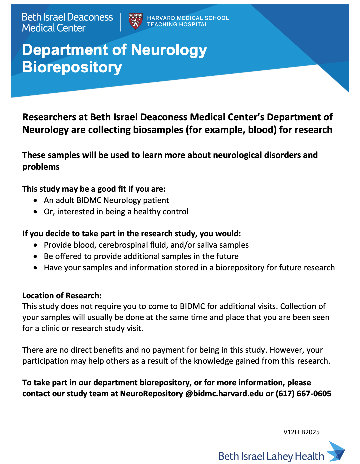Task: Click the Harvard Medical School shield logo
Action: click(x=135, y=21)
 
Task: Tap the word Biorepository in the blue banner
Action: click(x=72, y=67)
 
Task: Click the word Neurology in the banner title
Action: click(x=169, y=50)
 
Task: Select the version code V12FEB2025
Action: click(x=301, y=432)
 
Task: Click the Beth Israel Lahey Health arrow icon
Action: click(x=336, y=452)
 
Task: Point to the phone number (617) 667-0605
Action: click(x=303, y=394)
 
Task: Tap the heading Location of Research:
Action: click(x=62, y=296)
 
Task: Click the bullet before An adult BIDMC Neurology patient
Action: click(x=36, y=201)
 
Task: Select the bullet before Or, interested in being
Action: click(x=36, y=212)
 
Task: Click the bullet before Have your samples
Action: click(x=36, y=268)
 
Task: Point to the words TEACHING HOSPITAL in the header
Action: click(x=177, y=25)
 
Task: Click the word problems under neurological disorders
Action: click(x=41, y=167)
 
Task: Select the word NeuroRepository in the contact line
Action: click(x=151, y=394)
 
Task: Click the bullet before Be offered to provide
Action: click(x=36, y=257)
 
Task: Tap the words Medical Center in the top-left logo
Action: click(x=54, y=28)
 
